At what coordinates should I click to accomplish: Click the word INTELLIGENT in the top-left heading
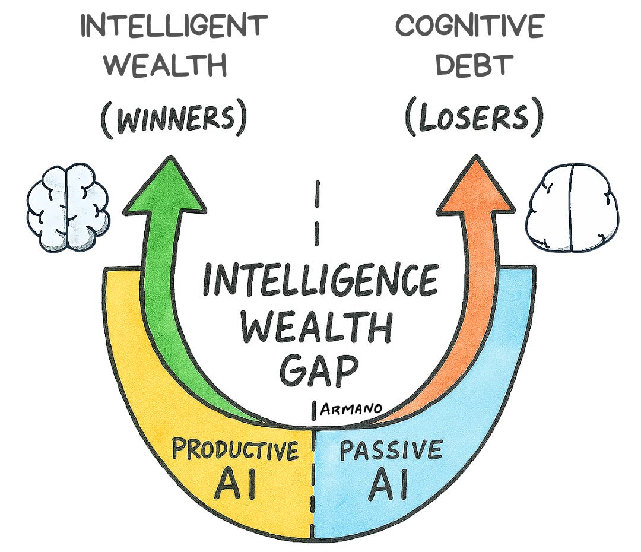click(x=174, y=26)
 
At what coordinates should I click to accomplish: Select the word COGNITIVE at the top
click(x=470, y=26)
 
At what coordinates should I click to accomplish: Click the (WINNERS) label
click(x=173, y=119)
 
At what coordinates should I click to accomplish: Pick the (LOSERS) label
click(x=474, y=119)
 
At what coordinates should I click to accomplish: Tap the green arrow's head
click(x=164, y=187)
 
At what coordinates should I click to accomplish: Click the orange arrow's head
click(x=475, y=187)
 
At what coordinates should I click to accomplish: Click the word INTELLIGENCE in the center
click(x=320, y=281)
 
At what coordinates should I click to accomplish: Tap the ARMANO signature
click(x=351, y=408)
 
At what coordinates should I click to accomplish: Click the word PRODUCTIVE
click(x=235, y=451)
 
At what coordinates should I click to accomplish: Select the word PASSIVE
click(x=391, y=451)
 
